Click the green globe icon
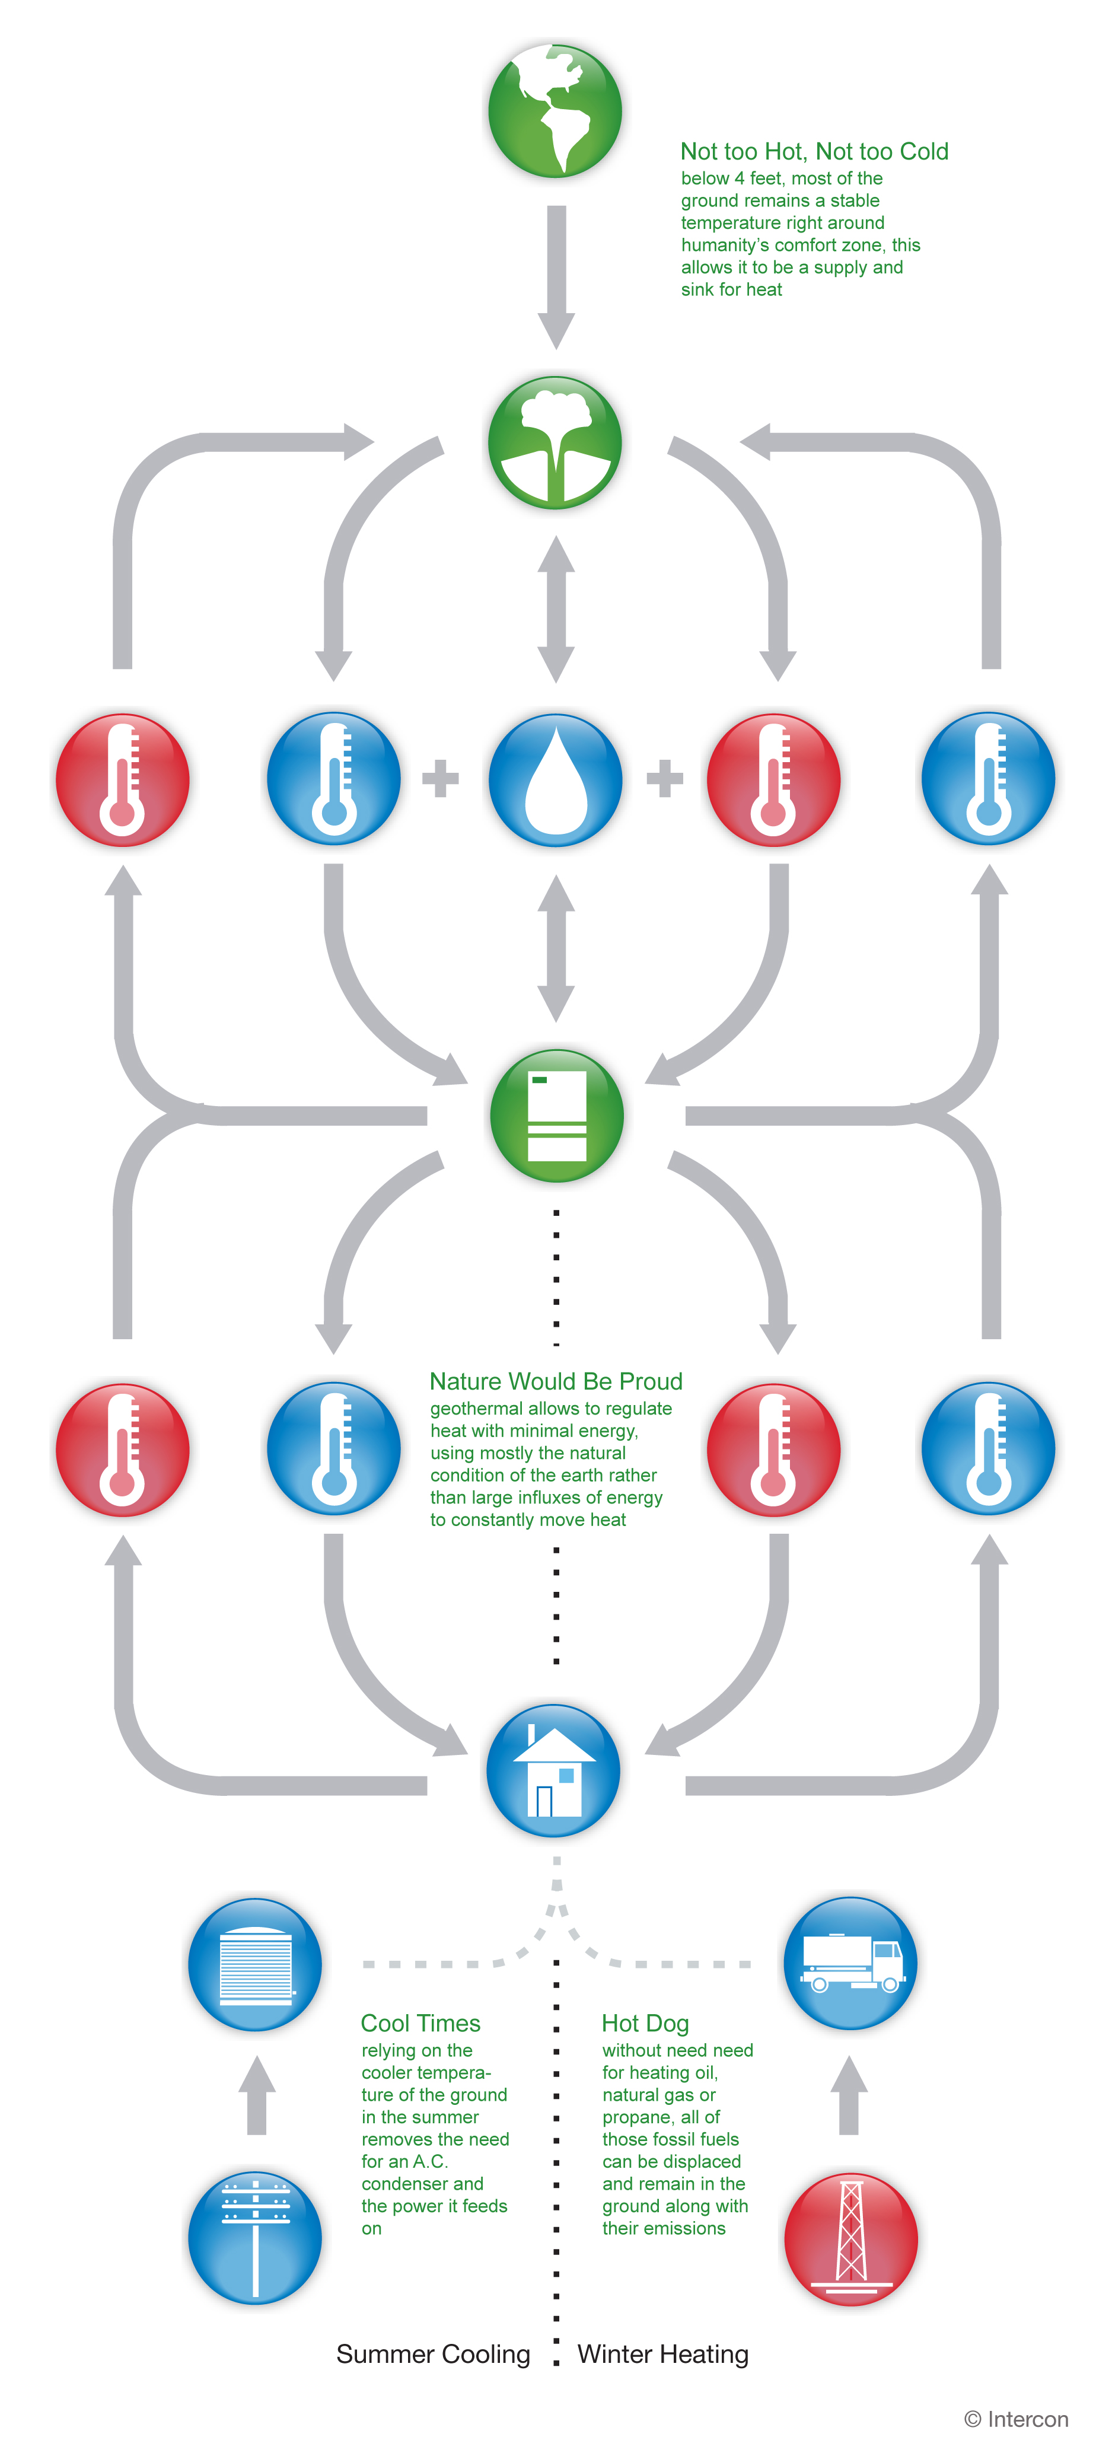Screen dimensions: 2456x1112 click(x=555, y=110)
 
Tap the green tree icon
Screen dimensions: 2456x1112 click(x=555, y=442)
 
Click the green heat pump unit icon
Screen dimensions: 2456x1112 click(x=557, y=1116)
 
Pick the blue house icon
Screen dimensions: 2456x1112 click(x=553, y=1770)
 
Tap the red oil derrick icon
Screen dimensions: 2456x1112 click(x=850, y=2238)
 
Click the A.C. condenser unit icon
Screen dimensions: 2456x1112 click(x=254, y=1965)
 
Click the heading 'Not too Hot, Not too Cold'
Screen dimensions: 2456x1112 click(x=814, y=152)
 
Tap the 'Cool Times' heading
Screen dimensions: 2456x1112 click(x=420, y=2023)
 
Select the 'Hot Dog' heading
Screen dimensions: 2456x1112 click(x=645, y=2023)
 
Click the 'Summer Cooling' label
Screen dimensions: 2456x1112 click(x=433, y=2354)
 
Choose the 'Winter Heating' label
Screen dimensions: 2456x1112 click(x=663, y=2354)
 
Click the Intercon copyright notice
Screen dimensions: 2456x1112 click(x=1016, y=2419)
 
